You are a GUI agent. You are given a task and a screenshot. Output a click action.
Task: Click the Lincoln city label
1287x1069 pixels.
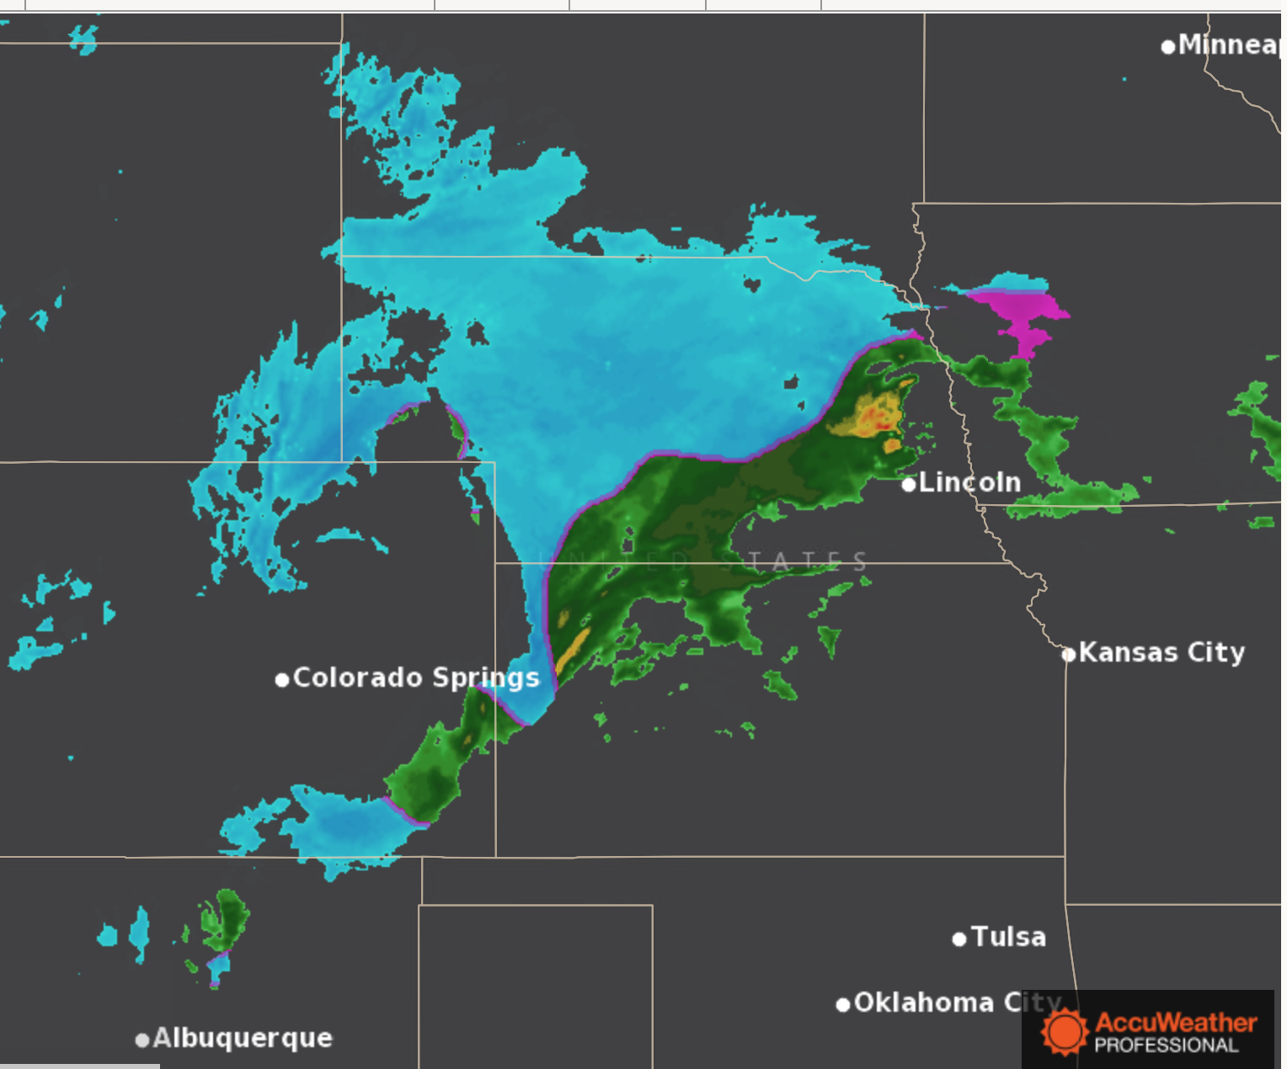tap(969, 482)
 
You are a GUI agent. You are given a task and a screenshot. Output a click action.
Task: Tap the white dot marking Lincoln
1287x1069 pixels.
tap(908, 485)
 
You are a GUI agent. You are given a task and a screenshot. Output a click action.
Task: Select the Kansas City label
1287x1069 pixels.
tap(1162, 652)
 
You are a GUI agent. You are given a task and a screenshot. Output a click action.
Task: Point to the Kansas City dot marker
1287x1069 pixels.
tap(1069, 654)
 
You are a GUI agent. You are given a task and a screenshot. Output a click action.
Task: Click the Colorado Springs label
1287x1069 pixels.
tap(416, 678)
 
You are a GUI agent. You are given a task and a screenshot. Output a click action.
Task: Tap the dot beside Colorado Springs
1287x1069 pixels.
tap(282, 679)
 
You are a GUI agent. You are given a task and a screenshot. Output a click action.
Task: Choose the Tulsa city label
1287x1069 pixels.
tap(1008, 937)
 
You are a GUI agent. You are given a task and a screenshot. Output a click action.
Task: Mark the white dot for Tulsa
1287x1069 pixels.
tap(959, 939)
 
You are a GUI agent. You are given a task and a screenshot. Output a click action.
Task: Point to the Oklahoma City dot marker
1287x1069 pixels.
tap(842, 1004)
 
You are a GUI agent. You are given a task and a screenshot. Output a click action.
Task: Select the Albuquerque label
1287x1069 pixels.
tap(243, 1038)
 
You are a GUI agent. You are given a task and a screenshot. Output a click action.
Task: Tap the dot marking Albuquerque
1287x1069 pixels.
tap(142, 1040)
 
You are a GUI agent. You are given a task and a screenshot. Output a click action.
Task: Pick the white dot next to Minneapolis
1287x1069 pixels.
tap(1168, 47)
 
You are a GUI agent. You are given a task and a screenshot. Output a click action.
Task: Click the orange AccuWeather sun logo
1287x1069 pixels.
tap(1064, 1031)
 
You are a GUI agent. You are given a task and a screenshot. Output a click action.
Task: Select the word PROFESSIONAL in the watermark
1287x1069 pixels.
tap(1167, 1045)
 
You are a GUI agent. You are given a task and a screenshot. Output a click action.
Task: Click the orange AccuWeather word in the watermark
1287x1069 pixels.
tap(1176, 1023)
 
